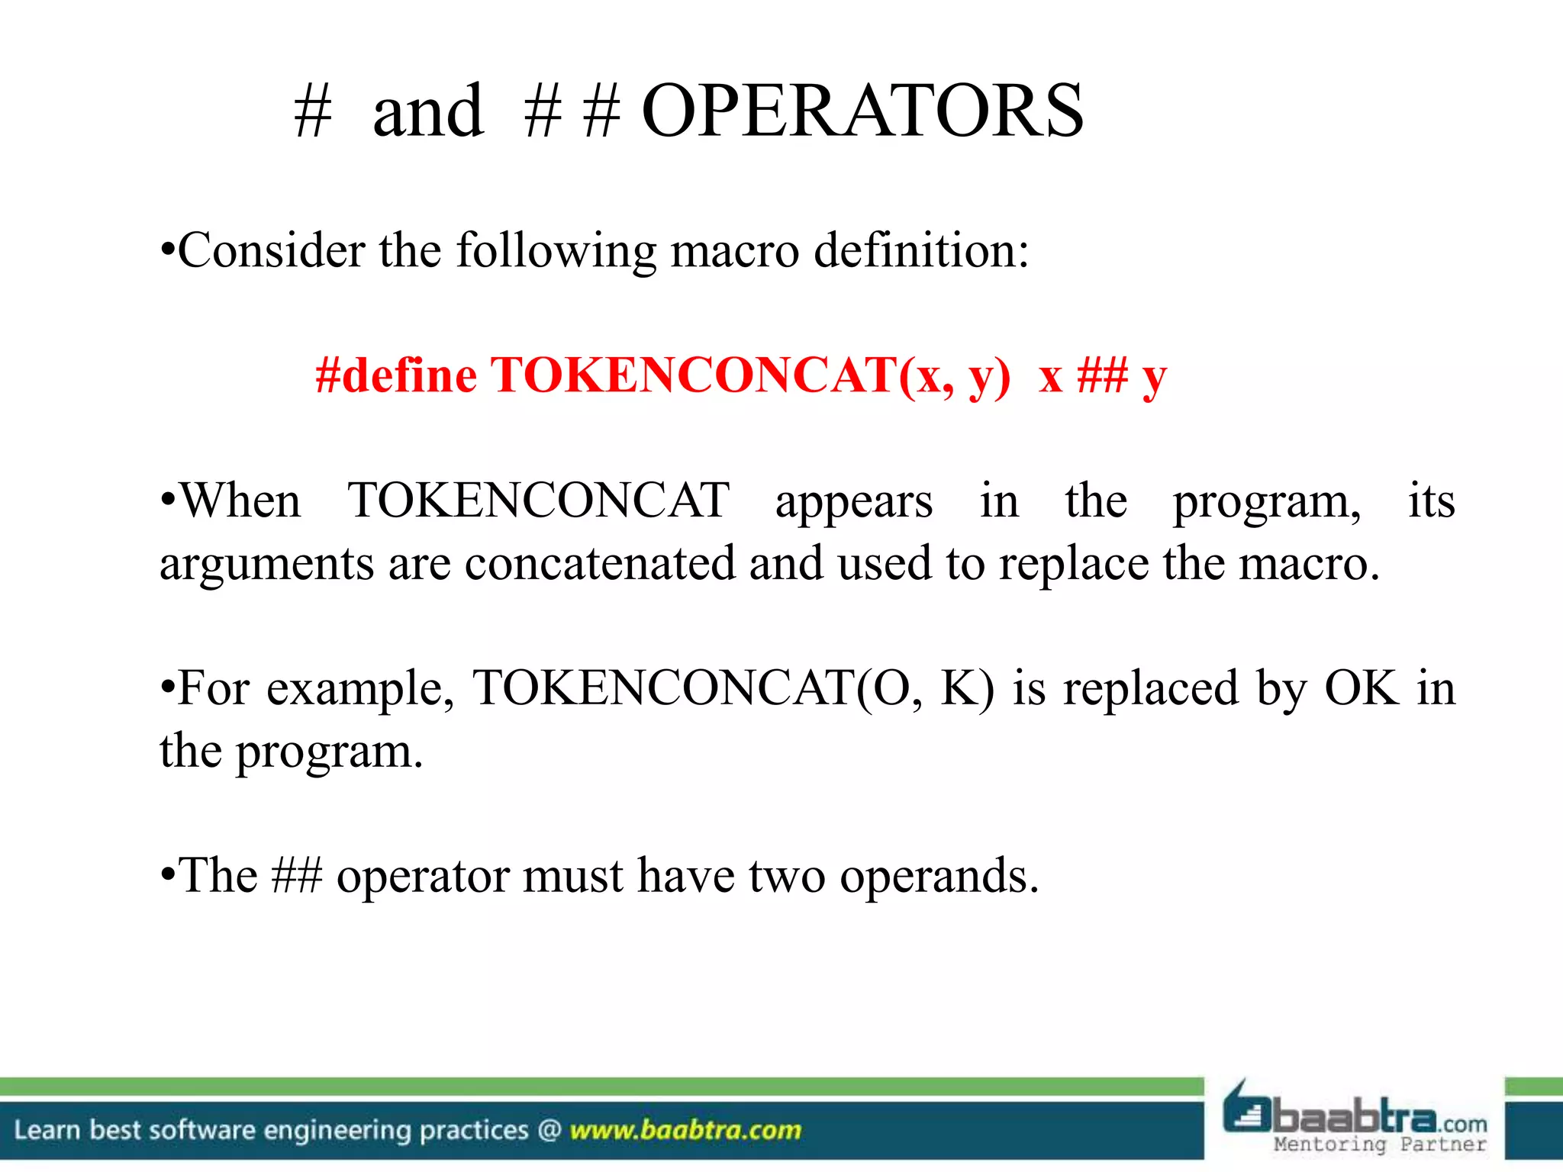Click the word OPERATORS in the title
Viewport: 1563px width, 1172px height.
(x=862, y=111)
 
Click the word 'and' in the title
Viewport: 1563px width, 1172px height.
(x=427, y=111)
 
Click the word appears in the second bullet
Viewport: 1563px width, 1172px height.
(x=854, y=502)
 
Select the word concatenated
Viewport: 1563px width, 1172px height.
(x=600, y=564)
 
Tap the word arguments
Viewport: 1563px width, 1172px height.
(x=266, y=564)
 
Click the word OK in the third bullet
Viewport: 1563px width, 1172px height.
(x=1362, y=688)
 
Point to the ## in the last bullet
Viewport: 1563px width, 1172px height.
(x=296, y=876)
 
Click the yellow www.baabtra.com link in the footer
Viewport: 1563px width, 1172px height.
(x=685, y=1130)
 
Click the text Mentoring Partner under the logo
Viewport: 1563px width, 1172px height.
(x=1380, y=1144)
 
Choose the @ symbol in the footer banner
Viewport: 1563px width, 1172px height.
(x=549, y=1130)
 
